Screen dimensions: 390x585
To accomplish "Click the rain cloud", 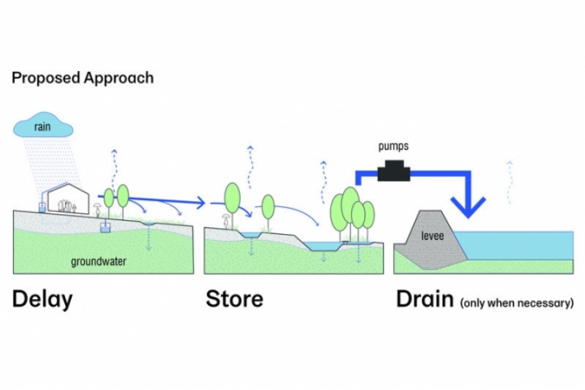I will pos(43,127).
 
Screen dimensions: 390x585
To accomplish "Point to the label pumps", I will pos(392,148).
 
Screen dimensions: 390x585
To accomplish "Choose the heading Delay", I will pos(42,299).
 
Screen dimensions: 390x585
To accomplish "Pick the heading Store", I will pos(234,299).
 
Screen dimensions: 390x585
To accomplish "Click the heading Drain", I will pos(425,299).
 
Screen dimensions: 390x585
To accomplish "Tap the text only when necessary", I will pos(517,302).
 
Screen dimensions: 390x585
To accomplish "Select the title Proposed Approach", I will pos(83,78).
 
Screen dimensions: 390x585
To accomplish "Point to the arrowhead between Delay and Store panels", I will pos(200,201).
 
